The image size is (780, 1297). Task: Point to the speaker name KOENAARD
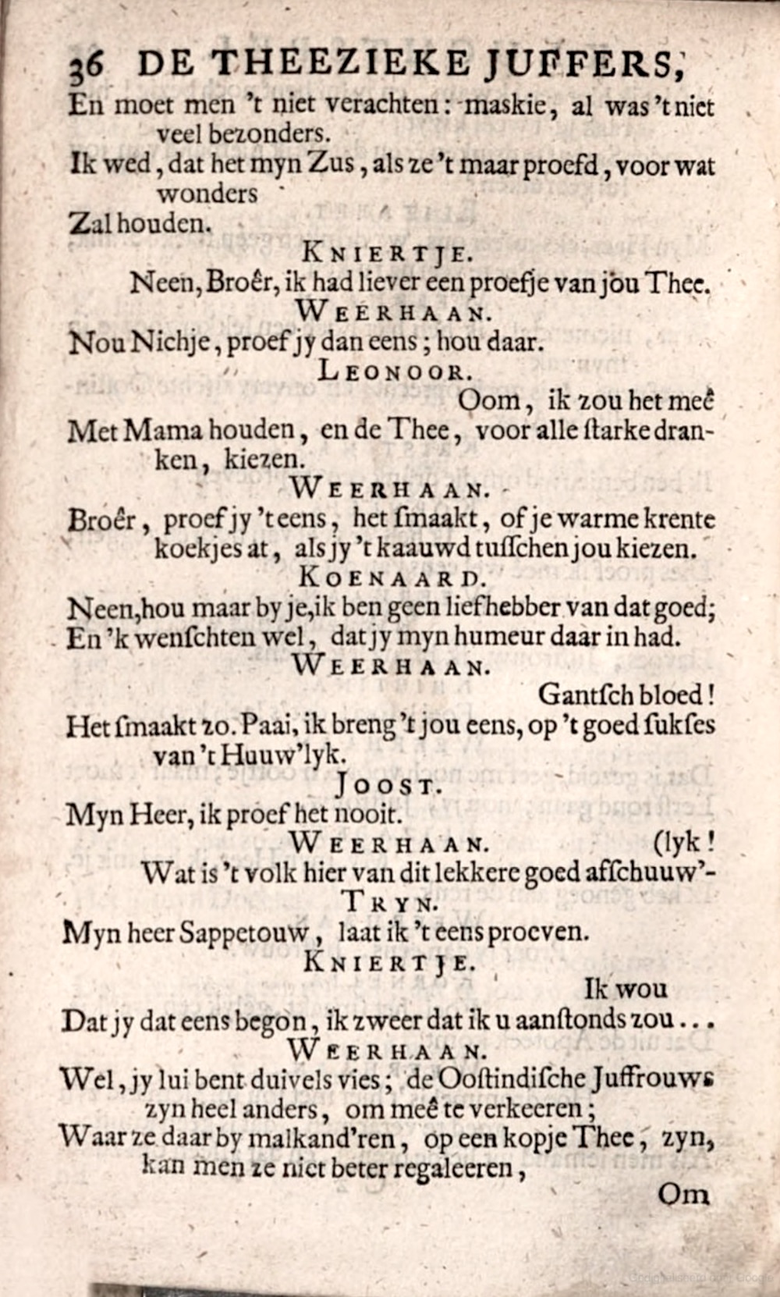pos(392,578)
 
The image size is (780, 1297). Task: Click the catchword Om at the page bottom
pos(683,1194)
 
